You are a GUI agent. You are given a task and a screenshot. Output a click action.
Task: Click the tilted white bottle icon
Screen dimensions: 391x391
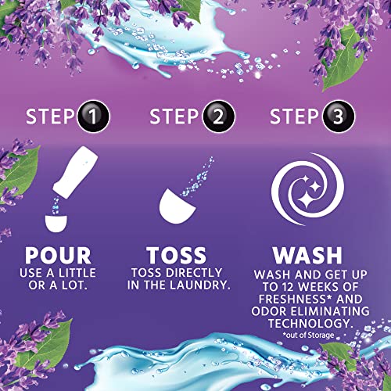(x=68, y=181)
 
